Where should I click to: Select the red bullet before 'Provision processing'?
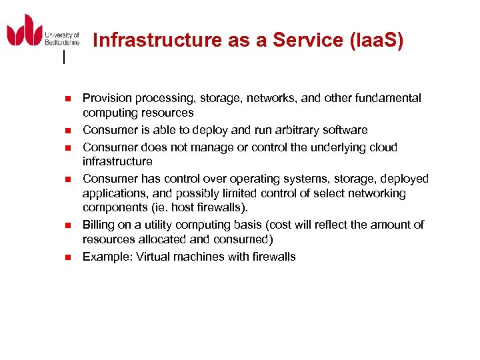(x=67, y=99)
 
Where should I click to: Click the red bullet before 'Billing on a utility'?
(x=67, y=225)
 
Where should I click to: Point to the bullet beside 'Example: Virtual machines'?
(x=67, y=257)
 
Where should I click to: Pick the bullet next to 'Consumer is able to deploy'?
(x=67, y=131)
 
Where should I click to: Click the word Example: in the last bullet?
(x=107, y=257)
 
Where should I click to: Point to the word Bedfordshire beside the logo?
(x=62, y=42)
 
